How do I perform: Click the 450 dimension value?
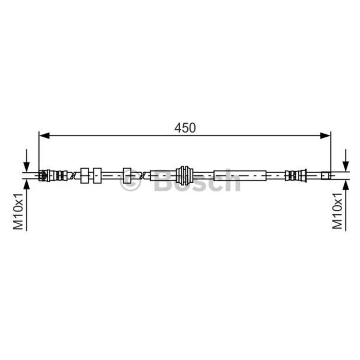point(185,128)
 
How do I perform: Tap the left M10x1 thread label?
point(18,211)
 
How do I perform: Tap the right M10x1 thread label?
point(337,211)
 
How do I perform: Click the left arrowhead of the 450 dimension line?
point(44,136)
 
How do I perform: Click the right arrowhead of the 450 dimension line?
point(325,136)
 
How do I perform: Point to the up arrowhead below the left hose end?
point(27,185)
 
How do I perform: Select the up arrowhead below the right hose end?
point(346,185)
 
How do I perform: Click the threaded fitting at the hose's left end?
point(53,175)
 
